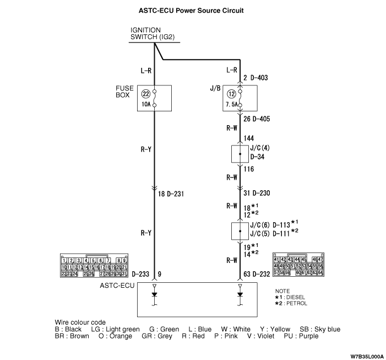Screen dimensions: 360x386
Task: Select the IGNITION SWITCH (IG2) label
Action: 154,34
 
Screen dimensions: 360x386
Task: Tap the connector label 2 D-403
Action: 255,78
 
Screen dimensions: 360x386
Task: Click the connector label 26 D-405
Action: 257,119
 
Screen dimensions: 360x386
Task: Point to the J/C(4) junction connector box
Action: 240,154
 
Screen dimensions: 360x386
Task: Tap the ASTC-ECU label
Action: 116,286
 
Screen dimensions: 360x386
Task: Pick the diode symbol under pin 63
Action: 240,294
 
